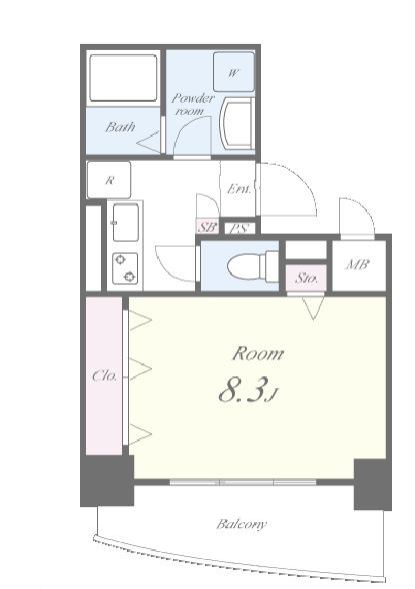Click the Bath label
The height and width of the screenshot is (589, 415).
pyautogui.click(x=120, y=127)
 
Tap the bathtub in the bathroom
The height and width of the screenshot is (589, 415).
pyautogui.click(x=123, y=78)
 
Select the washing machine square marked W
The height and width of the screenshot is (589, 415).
pyautogui.click(x=234, y=72)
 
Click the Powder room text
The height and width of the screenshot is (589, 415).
pyautogui.click(x=192, y=105)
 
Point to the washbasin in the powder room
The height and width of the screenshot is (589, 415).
pyautogui.click(x=236, y=123)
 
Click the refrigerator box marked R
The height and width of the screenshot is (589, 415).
pyautogui.click(x=109, y=180)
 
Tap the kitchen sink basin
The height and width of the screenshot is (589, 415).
pyautogui.click(x=126, y=223)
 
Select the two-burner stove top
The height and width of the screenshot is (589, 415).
pyautogui.click(x=125, y=269)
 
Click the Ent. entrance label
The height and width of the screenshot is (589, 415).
pyautogui.click(x=239, y=189)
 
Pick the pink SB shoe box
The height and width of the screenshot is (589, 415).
pyautogui.click(x=207, y=227)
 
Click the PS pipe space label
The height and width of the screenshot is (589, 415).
pyautogui.click(x=239, y=229)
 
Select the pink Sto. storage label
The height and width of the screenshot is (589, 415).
pyautogui.click(x=306, y=278)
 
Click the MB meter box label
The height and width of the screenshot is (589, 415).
pyautogui.click(x=357, y=265)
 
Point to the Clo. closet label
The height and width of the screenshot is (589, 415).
pyautogui.click(x=104, y=375)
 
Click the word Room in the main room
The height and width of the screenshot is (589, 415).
pyautogui.click(x=258, y=353)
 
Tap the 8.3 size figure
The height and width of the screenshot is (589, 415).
pyautogui.click(x=243, y=389)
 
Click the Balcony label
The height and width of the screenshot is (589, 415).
pyautogui.click(x=242, y=524)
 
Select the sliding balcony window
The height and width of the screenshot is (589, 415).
pyautogui.click(x=243, y=481)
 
